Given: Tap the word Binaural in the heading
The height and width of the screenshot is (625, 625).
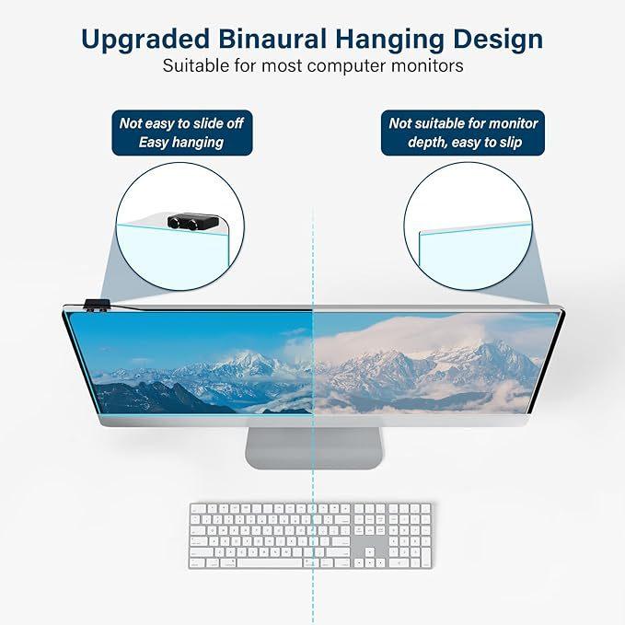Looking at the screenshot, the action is pyautogui.click(x=273, y=39).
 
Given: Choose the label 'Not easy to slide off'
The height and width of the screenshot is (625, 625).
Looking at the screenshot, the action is pyautogui.click(x=181, y=123).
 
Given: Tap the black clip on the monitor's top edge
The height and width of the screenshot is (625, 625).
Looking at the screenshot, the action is pyautogui.click(x=97, y=305).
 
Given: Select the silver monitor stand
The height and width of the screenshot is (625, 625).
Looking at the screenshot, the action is pyautogui.click(x=314, y=447).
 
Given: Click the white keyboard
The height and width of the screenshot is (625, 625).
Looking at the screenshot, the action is pyautogui.click(x=310, y=536).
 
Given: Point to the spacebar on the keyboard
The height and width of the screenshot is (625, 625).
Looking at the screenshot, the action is pyautogui.click(x=270, y=562).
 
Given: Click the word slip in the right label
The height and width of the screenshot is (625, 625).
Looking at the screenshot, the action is pyautogui.click(x=510, y=143).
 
